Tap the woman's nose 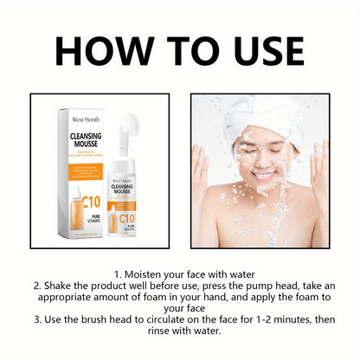click(x=262, y=160)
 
